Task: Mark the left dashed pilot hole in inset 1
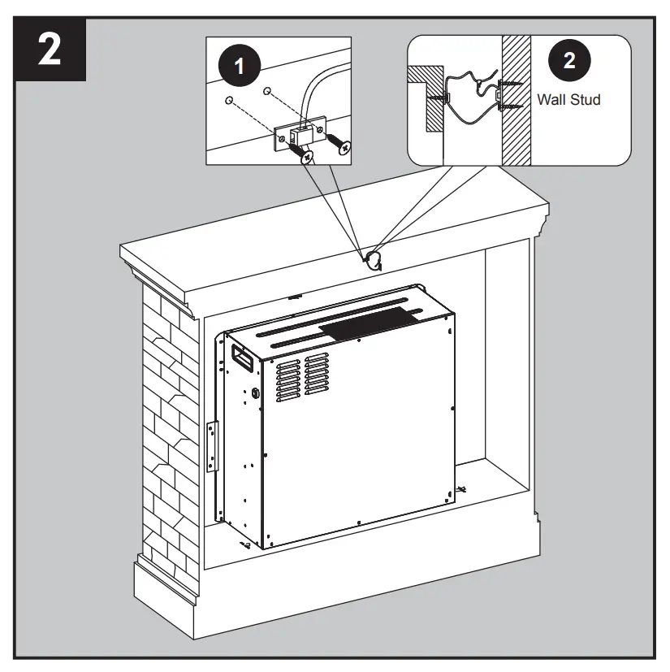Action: pos(230,102)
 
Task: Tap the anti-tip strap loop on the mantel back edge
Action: pos(373,260)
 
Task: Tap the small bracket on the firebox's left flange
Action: pos(213,444)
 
